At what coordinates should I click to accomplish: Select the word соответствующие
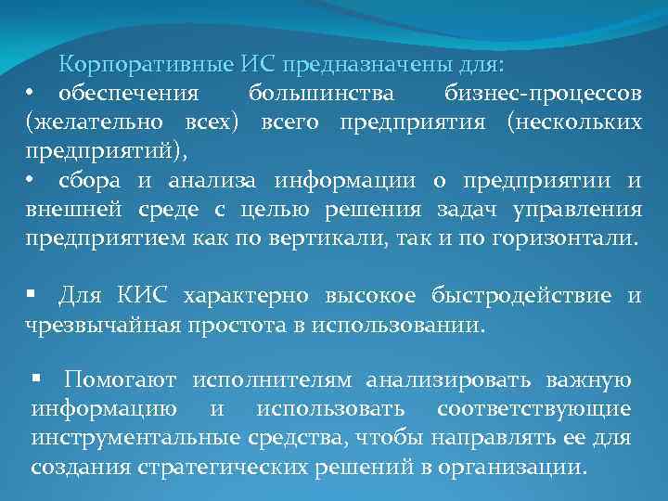(x=534, y=409)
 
